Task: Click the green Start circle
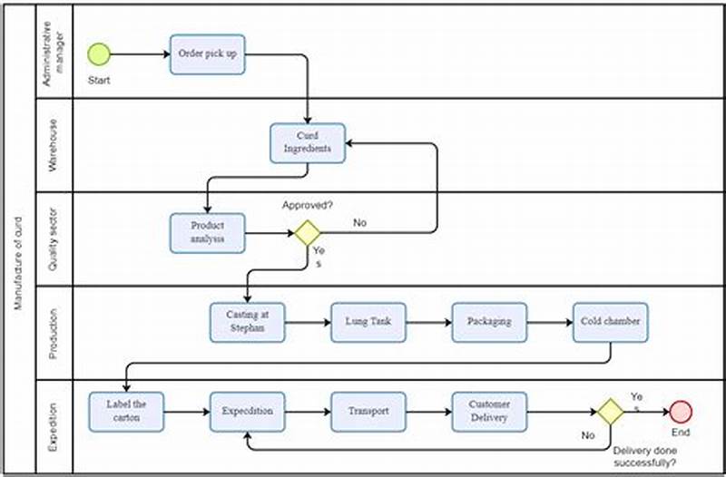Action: click(99, 54)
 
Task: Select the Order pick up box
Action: click(208, 54)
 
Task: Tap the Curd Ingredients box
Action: click(308, 142)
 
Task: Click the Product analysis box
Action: click(208, 232)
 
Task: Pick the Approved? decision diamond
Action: click(308, 233)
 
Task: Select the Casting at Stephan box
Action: click(247, 322)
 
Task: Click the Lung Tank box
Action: click(368, 322)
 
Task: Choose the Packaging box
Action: click(489, 322)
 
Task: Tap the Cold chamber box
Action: click(611, 322)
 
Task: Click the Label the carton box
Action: click(127, 411)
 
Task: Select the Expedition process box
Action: click(247, 411)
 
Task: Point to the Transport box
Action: click(368, 411)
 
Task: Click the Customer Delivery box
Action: click(489, 411)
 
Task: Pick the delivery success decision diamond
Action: click(610, 412)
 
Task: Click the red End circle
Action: click(680, 411)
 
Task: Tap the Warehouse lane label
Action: click(54, 145)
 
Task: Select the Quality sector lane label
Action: click(54, 238)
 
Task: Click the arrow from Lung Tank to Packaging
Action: click(428, 322)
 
